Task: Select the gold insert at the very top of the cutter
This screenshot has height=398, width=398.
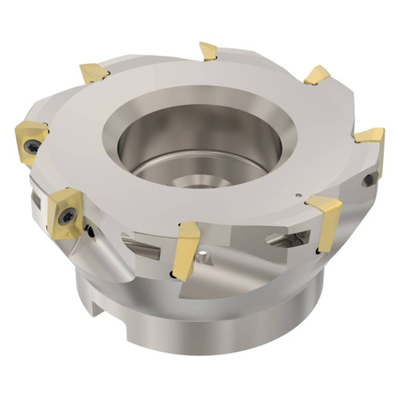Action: click(x=209, y=52)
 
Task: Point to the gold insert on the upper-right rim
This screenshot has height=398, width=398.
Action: click(x=317, y=75)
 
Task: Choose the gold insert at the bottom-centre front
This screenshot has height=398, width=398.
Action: click(x=185, y=249)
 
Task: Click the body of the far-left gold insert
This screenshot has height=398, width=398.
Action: click(x=30, y=139)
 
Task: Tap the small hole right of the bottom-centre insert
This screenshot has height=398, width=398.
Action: click(x=206, y=256)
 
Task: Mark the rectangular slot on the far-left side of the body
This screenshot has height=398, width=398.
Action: click(x=35, y=199)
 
